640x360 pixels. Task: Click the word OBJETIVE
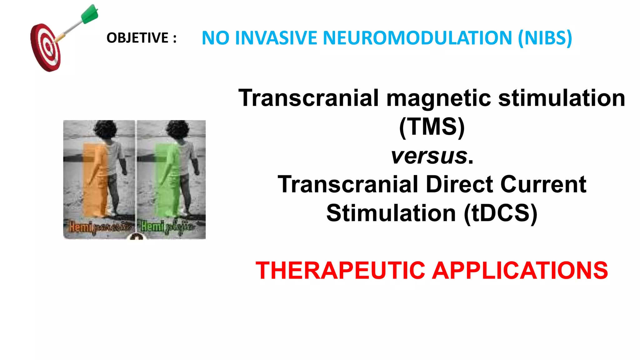coord(137,38)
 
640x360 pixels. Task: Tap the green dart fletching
coord(90,14)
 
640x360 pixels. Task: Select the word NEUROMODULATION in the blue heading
coord(417,38)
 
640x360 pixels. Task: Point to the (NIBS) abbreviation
coord(545,38)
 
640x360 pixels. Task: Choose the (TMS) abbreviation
coord(432,127)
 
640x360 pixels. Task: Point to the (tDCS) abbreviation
coord(500,213)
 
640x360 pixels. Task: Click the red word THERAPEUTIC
coord(340,270)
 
